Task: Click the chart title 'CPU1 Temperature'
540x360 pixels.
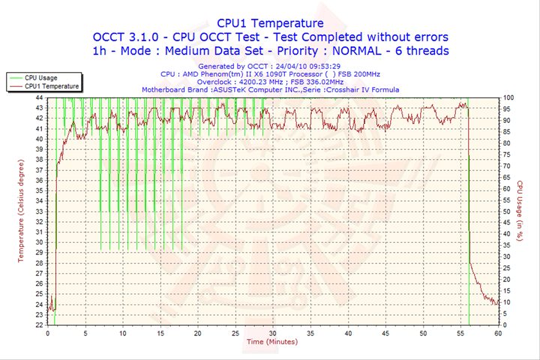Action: (270, 23)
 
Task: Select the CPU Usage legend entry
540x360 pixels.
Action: (40, 77)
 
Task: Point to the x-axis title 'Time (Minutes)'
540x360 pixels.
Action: (270, 342)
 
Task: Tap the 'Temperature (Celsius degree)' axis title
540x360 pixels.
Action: (21, 210)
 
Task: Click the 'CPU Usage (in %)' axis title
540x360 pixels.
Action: (518, 210)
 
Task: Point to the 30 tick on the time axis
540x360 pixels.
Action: (273, 332)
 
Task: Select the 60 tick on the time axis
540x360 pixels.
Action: (498, 332)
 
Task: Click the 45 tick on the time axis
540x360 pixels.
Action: (385, 332)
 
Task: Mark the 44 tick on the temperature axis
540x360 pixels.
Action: (39, 97)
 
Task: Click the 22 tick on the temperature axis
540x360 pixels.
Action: (39, 325)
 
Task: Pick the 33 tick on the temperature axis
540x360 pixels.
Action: (39, 211)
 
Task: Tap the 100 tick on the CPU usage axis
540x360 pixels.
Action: (508, 97)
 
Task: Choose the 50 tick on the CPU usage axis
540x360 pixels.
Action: (507, 211)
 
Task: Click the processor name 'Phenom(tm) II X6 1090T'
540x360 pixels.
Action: (258, 74)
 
